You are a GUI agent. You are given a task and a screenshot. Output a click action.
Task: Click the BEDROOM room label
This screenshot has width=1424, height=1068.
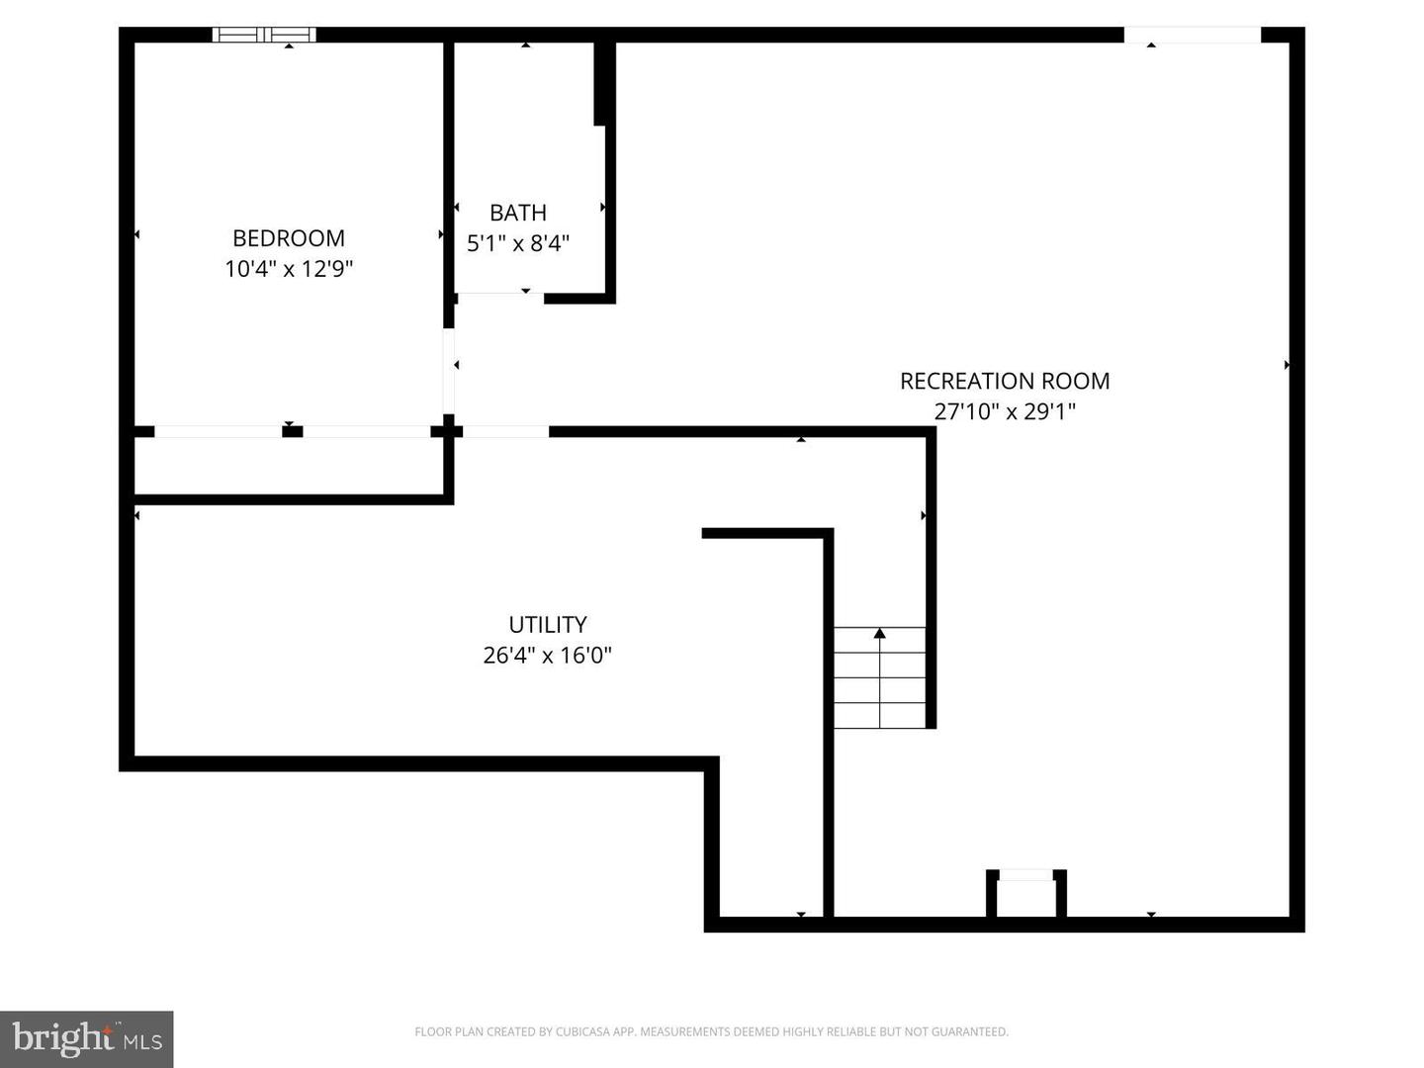[x=289, y=238]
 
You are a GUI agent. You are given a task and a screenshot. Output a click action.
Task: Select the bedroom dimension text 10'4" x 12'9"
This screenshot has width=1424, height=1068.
[x=289, y=269]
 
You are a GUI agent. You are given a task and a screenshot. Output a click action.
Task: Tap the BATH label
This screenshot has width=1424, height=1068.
[x=518, y=213]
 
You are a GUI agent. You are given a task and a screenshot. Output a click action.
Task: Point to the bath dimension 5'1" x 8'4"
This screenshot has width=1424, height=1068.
[x=518, y=243]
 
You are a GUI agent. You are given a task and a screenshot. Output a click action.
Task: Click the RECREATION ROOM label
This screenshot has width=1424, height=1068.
[x=1005, y=381]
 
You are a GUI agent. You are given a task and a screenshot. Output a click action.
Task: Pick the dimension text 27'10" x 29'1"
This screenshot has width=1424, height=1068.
[x=1005, y=411]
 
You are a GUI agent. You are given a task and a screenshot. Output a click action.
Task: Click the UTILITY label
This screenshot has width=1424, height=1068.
[x=548, y=624]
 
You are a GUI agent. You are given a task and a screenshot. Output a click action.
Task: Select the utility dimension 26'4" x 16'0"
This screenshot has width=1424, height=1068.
[x=548, y=655]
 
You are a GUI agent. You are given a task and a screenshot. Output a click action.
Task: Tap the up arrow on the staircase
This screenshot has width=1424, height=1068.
[x=879, y=633]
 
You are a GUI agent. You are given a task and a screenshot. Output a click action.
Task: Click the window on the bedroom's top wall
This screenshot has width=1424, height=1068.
[x=264, y=35]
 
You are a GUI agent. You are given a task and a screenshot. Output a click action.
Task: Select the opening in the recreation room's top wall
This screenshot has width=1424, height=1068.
[x=1192, y=35]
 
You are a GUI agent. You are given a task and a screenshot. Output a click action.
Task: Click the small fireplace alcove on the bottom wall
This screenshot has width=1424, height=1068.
[x=1026, y=895]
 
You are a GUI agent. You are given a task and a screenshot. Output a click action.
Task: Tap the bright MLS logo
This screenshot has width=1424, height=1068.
[x=87, y=1038]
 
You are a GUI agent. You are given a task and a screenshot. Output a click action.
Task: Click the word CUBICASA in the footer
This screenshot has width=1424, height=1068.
[x=581, y=1031]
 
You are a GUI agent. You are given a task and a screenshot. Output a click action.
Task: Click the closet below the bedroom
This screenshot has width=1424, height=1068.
[x=289, y=465]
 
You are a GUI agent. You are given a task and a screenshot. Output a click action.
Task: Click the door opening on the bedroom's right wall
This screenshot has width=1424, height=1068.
[x=449, y=371]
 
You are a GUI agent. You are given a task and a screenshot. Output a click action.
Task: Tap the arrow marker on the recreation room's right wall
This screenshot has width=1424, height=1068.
[x=1287, y=365]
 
